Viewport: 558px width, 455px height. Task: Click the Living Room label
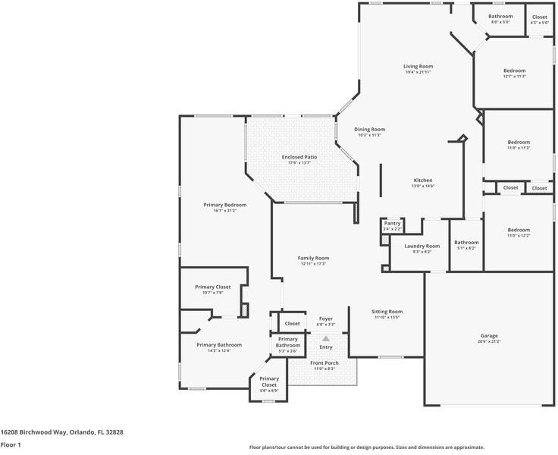pos(418,67)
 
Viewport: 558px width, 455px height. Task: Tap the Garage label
pos(489,335)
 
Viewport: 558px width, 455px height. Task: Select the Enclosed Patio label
pos(299,157)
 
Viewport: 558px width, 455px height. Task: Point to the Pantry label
pos(392,223)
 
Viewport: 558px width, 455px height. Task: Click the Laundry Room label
pos(422,246)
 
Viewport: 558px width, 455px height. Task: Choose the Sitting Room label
pos(387,311)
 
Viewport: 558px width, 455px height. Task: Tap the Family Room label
pos(313,258)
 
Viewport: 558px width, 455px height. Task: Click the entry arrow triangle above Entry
pos(326,338)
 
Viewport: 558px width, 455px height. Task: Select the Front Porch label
pos(324,363)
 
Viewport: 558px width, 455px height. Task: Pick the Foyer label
pos(325,318)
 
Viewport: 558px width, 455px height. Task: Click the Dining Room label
pos(369,129)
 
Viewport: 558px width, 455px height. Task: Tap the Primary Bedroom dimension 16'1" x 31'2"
pos(224,210)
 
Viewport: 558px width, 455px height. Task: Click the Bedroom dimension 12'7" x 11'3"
pos(514,76)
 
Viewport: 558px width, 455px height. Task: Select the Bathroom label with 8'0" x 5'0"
pos(500,17)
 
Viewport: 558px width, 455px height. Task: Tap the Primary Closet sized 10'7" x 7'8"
pos(212,287)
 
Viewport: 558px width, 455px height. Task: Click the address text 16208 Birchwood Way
pos(38,431)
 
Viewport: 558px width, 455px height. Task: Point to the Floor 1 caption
pos(11,444)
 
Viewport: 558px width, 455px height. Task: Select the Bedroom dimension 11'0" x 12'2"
pos(519,236)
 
